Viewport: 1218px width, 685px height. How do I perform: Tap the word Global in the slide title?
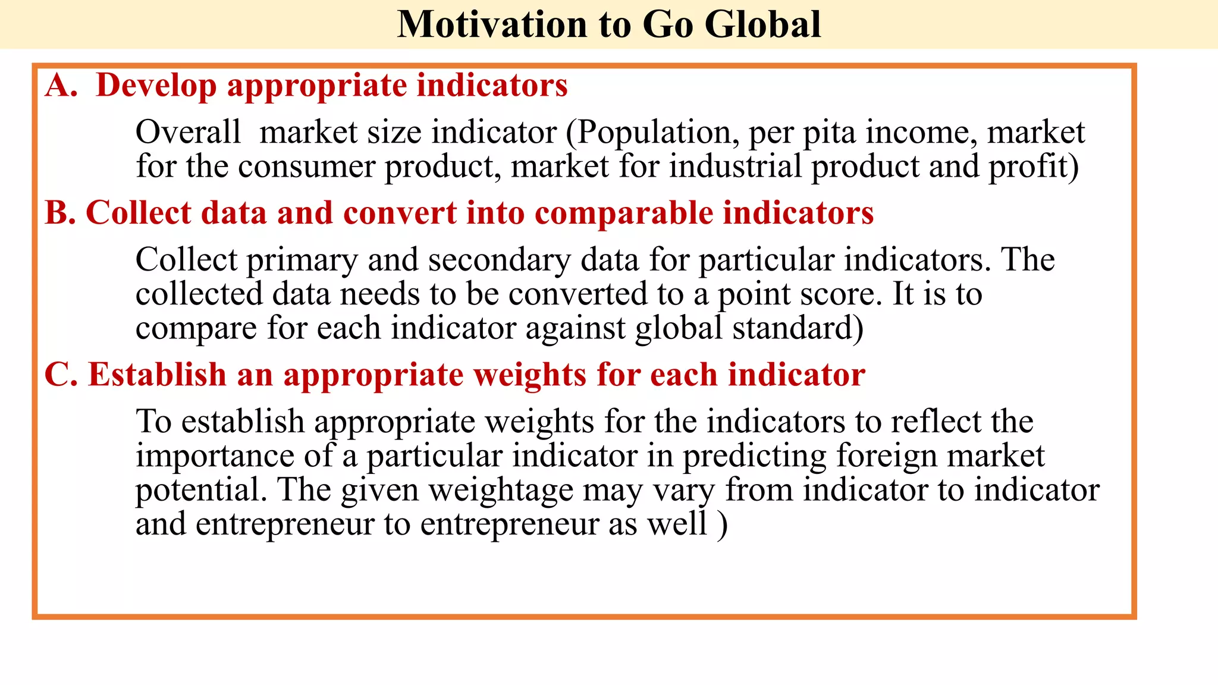pos(762,25)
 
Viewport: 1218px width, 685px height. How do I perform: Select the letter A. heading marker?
pos(61,85)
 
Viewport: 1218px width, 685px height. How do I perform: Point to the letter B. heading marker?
pos(61,213)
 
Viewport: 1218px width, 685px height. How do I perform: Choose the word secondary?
pos(499,260)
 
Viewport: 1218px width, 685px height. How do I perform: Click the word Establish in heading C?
pos(157,375)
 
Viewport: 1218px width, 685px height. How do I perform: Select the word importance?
pos(215,456)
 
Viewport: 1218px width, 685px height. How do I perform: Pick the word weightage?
pos(501,491)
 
